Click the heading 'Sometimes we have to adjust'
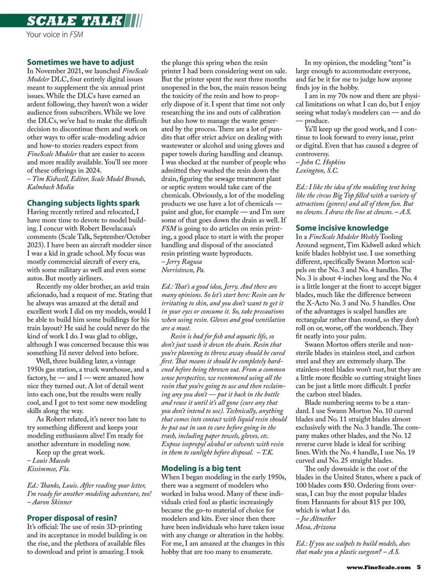[80, 62]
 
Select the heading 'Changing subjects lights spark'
[83, 203]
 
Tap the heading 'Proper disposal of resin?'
[72, 518]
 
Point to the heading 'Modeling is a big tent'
[201, 468]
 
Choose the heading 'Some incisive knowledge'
[342, 228]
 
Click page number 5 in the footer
[418, 567]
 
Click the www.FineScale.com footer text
[378, 567]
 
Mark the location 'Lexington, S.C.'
[317, 170]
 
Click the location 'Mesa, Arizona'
[315, 527]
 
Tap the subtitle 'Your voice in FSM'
[55, 34]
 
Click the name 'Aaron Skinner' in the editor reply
[51, 502]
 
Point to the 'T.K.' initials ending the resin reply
[267, 452]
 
